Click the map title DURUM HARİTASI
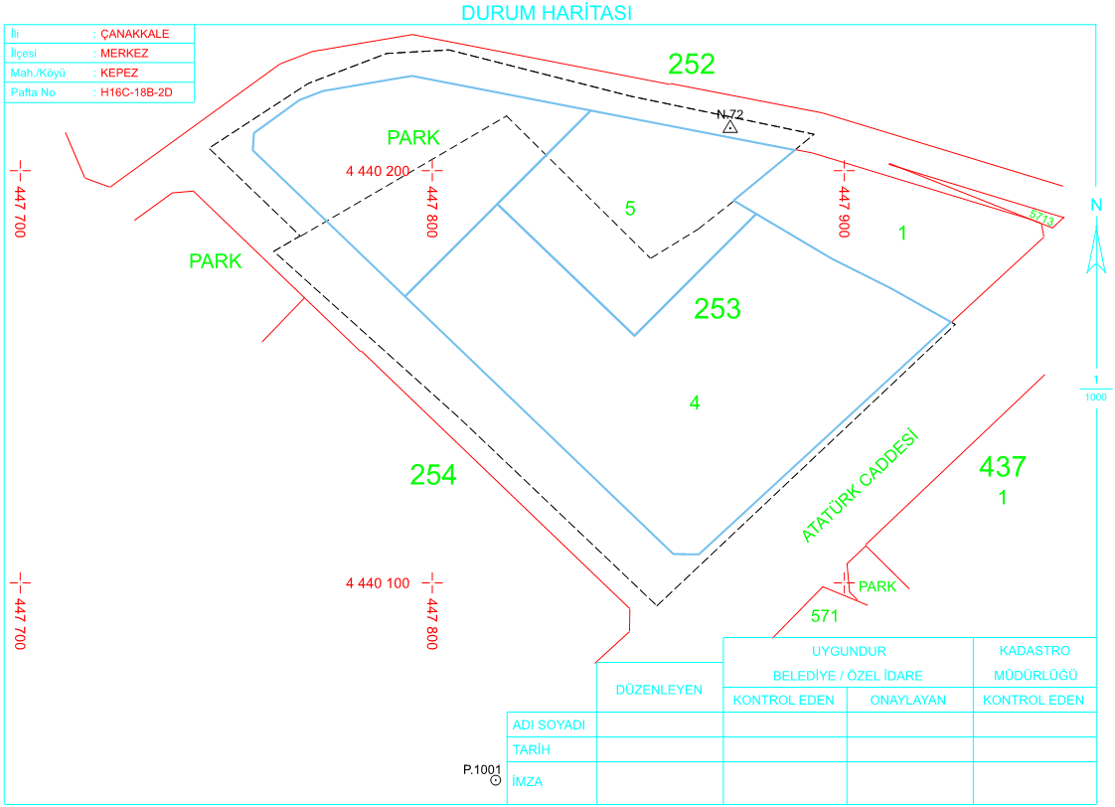coord(547,13)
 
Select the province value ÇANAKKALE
coord(134,34)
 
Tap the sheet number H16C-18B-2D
coord(136,91)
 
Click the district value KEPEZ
coord(118,73)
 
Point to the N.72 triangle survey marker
coord(730,127)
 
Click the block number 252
coord(692,64)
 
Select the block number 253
coord(717,308)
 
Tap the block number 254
coord(433,474)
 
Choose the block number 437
coord(1003,466)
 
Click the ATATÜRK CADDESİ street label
coord(860,486)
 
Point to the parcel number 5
coord(630,209)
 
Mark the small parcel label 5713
coord(1041,218)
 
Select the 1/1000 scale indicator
coord(1096,389)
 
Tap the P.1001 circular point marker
coord(496,780)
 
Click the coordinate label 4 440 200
coord(378,171)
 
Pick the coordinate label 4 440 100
coord(378,583)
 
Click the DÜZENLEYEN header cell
coord(659,690)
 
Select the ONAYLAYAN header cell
coord(908,701)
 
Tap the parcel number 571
coord(824,616)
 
